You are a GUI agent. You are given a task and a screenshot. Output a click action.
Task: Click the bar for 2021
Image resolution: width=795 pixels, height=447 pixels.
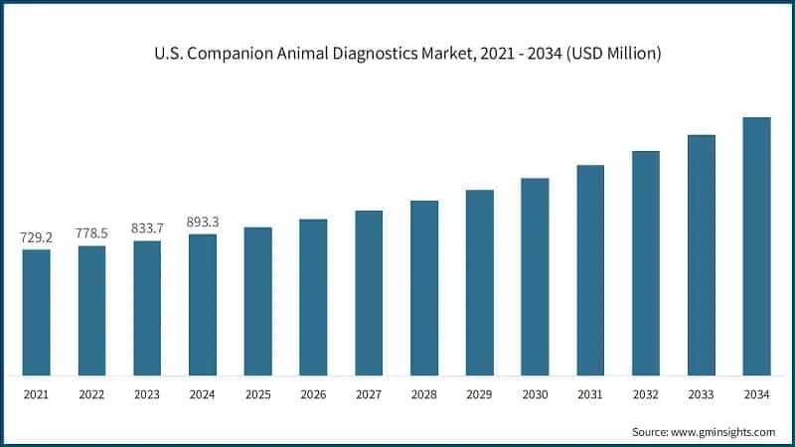click(37, 312)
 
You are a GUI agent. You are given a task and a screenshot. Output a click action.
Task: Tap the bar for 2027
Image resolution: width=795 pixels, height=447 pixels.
click(369, 293)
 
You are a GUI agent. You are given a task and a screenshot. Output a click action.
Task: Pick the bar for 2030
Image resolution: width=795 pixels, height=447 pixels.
click(535, 277)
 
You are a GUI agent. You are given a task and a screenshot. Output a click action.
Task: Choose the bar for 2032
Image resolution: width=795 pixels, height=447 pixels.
click(646, 263)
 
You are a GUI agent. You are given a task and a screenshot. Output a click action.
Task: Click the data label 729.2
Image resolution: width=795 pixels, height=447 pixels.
click(37, 238)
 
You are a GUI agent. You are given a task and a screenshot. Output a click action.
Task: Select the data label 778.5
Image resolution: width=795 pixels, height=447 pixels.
click(92, 233)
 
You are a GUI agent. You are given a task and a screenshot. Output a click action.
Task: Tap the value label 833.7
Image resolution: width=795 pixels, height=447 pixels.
click(147, 228)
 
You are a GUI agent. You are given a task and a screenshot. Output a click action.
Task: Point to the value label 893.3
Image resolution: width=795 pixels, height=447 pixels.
click(203, 223)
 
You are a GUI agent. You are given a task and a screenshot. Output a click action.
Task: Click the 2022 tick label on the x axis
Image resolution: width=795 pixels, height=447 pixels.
click(92, 394)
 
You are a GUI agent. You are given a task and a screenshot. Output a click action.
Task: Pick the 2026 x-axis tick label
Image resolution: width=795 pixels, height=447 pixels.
click(313, 394)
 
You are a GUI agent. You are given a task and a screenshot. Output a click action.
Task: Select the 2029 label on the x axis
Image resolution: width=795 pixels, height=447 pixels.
click(480, 394)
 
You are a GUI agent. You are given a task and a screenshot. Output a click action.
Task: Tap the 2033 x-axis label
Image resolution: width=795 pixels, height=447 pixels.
click(702, 394)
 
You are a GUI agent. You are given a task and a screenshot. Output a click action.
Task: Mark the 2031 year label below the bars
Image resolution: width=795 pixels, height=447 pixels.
click(590, 394)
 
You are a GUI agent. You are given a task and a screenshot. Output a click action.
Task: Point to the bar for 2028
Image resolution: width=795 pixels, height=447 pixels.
click(424, 288)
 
